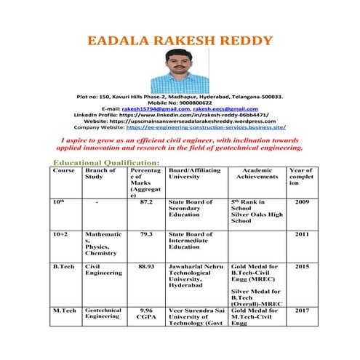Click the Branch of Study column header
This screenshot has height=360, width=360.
[x=100, y=173]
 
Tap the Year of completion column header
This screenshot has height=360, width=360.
[x=301, y=177]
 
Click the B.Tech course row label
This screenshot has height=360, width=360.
[x=64, y=267]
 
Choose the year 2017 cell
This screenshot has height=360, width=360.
[x=302, y=310]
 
